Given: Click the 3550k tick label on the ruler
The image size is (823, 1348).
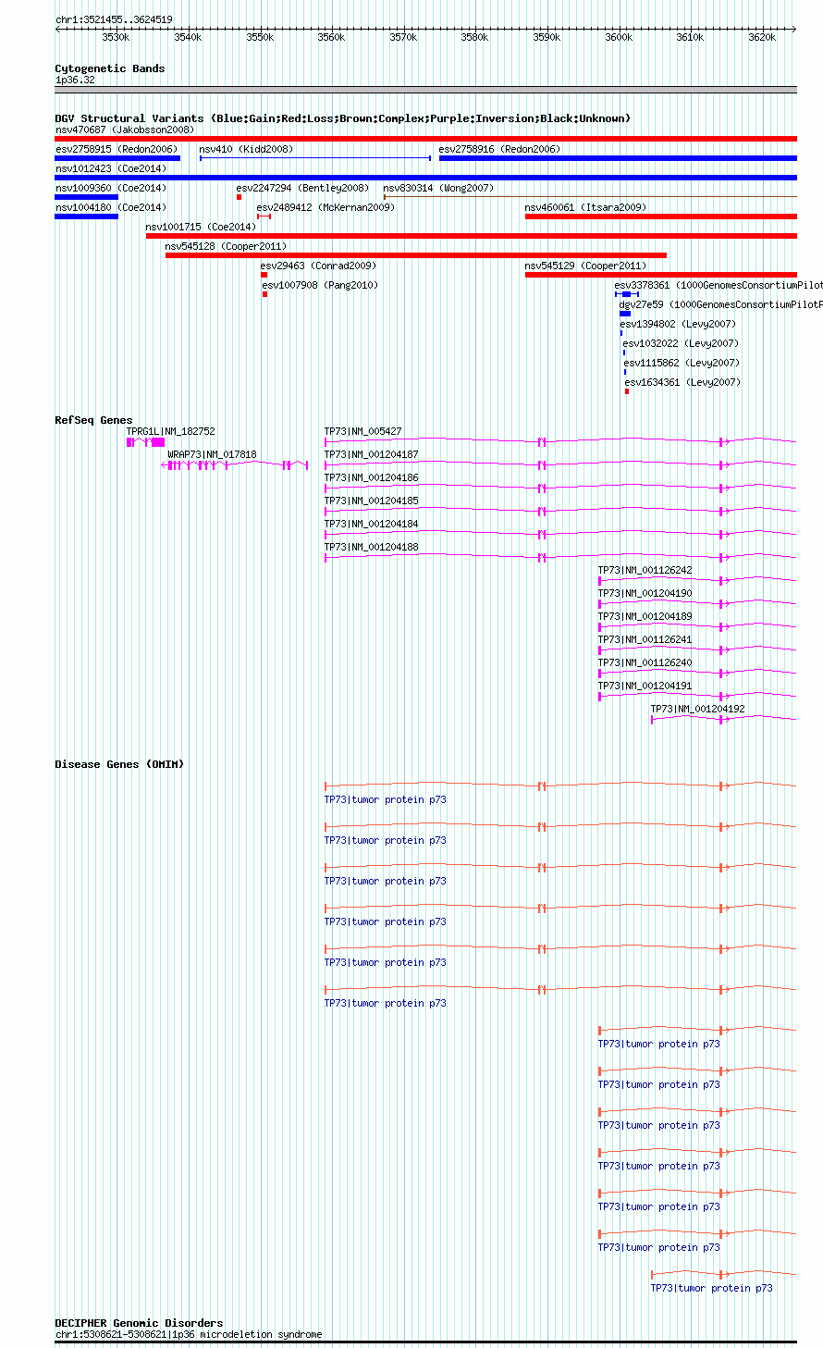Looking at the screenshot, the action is (x=259, y=37).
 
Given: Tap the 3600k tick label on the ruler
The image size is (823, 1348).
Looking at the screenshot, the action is (x=619, y=37).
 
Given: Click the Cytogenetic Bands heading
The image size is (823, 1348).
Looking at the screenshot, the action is (x=109, y=68).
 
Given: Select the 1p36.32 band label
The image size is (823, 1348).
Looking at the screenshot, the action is (x=75, y=80).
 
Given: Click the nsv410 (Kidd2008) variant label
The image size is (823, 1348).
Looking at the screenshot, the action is (x=246, y=149).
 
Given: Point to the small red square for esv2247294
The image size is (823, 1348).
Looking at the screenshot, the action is (x=239, y=197).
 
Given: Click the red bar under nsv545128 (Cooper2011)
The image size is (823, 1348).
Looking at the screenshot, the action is (x=416, y=255).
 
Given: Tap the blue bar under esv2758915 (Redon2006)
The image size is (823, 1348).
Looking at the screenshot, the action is (x=117, y=158).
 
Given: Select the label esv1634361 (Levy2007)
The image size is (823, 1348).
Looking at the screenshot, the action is (x=682, y=382).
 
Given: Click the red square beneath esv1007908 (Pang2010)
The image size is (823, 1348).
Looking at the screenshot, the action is (x=264, y=294).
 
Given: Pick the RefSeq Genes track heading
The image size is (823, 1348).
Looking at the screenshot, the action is (x=93, y=420).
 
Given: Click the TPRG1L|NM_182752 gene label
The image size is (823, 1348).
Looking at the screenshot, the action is (x=170, y=431).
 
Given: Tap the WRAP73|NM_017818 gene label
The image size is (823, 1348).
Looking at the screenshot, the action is (x=212, y=454).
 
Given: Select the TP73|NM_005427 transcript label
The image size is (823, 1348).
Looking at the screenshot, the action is (x=362, y=431).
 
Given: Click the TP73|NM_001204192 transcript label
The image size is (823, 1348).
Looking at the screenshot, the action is (x=697, y=709).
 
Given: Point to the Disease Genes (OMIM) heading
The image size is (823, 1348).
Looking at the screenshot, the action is (x=119, y=764).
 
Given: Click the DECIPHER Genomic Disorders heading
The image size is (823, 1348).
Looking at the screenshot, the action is (x=139, y=1323).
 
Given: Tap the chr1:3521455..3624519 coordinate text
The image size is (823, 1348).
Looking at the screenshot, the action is (x=114, y=19).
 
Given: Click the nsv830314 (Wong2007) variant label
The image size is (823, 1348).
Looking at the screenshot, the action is (x=438, y=188).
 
